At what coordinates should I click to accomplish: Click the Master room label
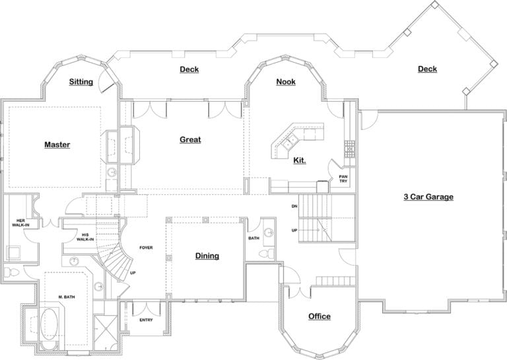tap(57, 145)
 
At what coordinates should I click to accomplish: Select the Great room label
tap(190, 139)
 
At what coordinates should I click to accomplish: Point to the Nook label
tap(285, 82)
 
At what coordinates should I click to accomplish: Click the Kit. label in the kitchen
tap(299, 160)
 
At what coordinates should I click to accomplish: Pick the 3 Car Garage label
tap(428, 196)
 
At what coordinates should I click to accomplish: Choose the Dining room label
tap(207, 256)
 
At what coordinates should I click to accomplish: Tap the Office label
tap(320, 316)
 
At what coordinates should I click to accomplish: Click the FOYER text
tap(146, 248)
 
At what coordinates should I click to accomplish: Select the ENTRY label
tap(146, 320)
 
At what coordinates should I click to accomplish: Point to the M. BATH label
tap(66, 297)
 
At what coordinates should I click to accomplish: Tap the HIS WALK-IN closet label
tap(85, 236)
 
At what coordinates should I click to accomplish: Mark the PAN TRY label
tap(343, 178)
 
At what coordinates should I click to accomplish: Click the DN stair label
tap(294, 207)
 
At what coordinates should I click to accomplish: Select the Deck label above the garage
tap(427, 69)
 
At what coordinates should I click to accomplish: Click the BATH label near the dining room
tap(253, 238)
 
